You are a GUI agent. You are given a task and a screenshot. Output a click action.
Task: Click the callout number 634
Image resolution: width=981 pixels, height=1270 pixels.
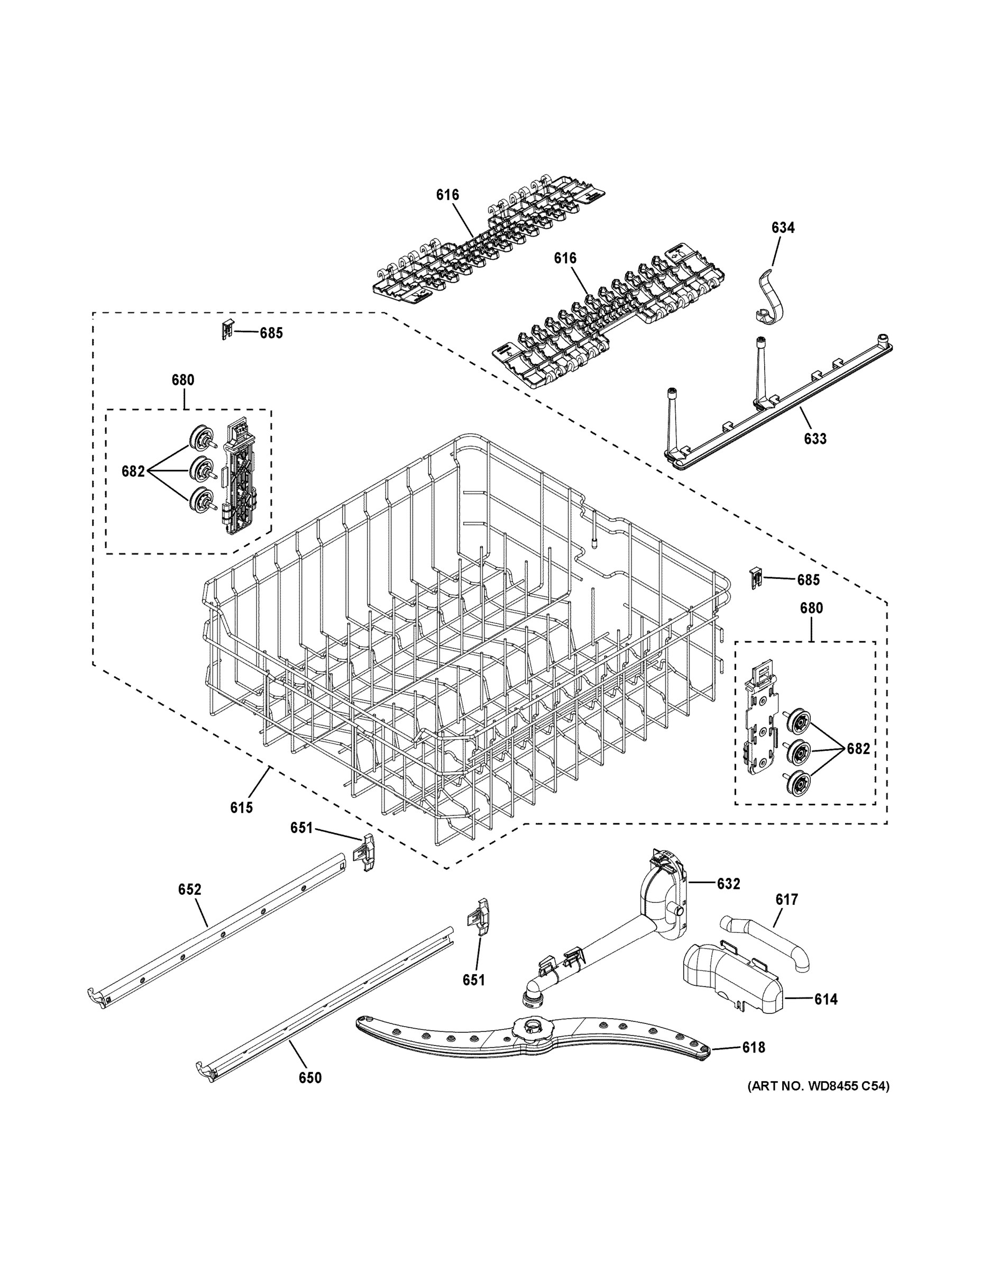783,228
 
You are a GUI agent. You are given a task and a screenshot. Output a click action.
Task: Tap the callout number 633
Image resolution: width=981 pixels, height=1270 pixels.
815,439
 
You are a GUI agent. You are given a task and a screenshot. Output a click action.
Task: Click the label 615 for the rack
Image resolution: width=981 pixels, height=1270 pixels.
241,807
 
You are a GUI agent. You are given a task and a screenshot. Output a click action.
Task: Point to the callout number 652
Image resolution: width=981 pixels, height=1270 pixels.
189,889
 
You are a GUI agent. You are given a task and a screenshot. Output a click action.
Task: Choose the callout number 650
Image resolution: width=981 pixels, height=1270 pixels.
310,1077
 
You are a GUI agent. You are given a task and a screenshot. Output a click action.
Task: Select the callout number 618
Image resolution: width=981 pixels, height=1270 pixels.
753,1047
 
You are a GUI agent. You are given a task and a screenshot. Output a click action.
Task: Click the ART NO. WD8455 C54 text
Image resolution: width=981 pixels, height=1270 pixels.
818,1085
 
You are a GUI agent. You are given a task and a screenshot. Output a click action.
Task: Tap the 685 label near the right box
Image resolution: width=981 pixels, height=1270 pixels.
808,580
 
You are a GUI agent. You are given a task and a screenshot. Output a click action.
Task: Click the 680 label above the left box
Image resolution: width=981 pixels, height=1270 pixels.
182,380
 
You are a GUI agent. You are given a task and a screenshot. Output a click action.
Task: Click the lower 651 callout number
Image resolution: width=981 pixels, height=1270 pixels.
473,980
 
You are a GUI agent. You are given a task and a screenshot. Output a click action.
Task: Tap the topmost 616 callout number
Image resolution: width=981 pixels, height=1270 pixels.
447,195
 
